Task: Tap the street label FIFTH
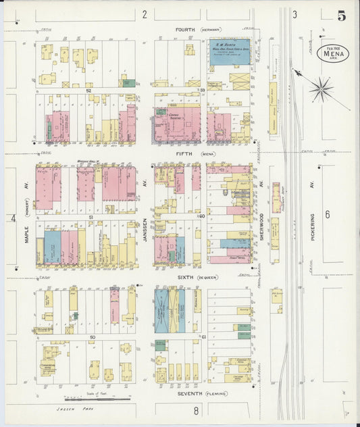184,154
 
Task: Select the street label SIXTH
184,277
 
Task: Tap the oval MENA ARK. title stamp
332,53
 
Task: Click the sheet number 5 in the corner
342,16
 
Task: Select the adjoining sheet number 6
328,214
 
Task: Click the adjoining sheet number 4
13,218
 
